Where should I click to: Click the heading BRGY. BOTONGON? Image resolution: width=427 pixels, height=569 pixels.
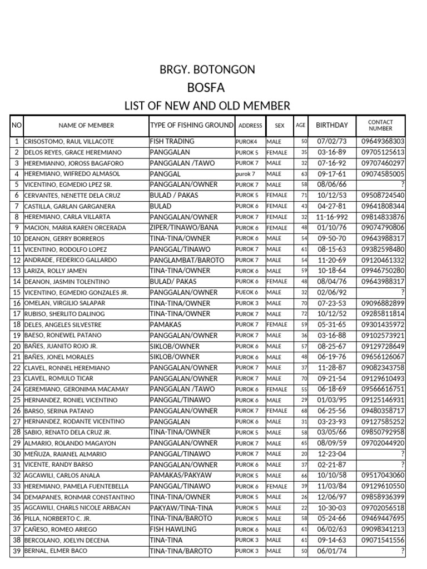coord(207,69)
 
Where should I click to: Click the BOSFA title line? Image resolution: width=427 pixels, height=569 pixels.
coord(207,87)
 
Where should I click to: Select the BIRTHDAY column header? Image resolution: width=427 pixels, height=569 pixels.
coord(332,126)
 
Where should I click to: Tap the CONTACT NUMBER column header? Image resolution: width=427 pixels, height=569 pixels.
coord(380,126)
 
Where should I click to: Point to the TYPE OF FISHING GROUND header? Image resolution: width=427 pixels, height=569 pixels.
coord(192,126)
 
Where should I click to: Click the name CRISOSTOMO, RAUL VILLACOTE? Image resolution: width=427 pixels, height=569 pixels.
coord(69,142)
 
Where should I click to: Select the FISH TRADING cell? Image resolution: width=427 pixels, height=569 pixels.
coord(172,142)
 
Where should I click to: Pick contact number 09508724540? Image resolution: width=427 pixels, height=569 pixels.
coord(383,196)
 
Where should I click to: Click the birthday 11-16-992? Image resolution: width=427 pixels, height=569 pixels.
coord(332,217)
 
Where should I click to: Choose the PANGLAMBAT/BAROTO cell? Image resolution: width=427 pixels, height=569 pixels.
coord(187,260)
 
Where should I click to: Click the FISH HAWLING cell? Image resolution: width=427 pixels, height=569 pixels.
coord(173,529)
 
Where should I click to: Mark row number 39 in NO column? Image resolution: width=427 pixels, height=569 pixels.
coord(17,551)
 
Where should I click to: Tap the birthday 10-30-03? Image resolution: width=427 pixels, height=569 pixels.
coord(332,508)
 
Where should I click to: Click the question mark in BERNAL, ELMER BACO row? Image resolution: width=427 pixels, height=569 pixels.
coord(402,551)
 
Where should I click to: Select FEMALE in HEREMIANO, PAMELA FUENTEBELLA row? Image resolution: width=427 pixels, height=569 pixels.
coord(277,486)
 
